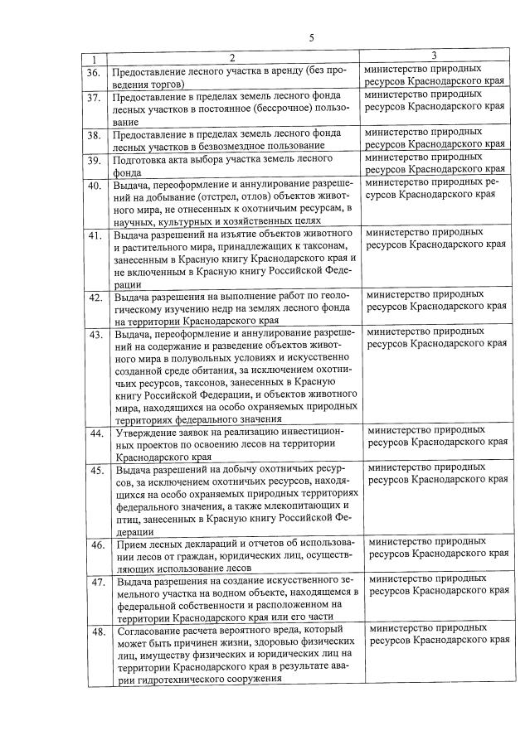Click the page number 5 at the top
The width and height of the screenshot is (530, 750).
point(311,37)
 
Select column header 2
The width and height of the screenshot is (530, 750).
point(232,58)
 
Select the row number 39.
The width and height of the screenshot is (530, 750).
point(95,159)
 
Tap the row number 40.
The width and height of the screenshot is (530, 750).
point(95,185)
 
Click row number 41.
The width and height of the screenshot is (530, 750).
point(95,236)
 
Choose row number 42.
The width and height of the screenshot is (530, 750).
point(96,298)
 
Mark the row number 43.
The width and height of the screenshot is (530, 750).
point(96,335)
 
